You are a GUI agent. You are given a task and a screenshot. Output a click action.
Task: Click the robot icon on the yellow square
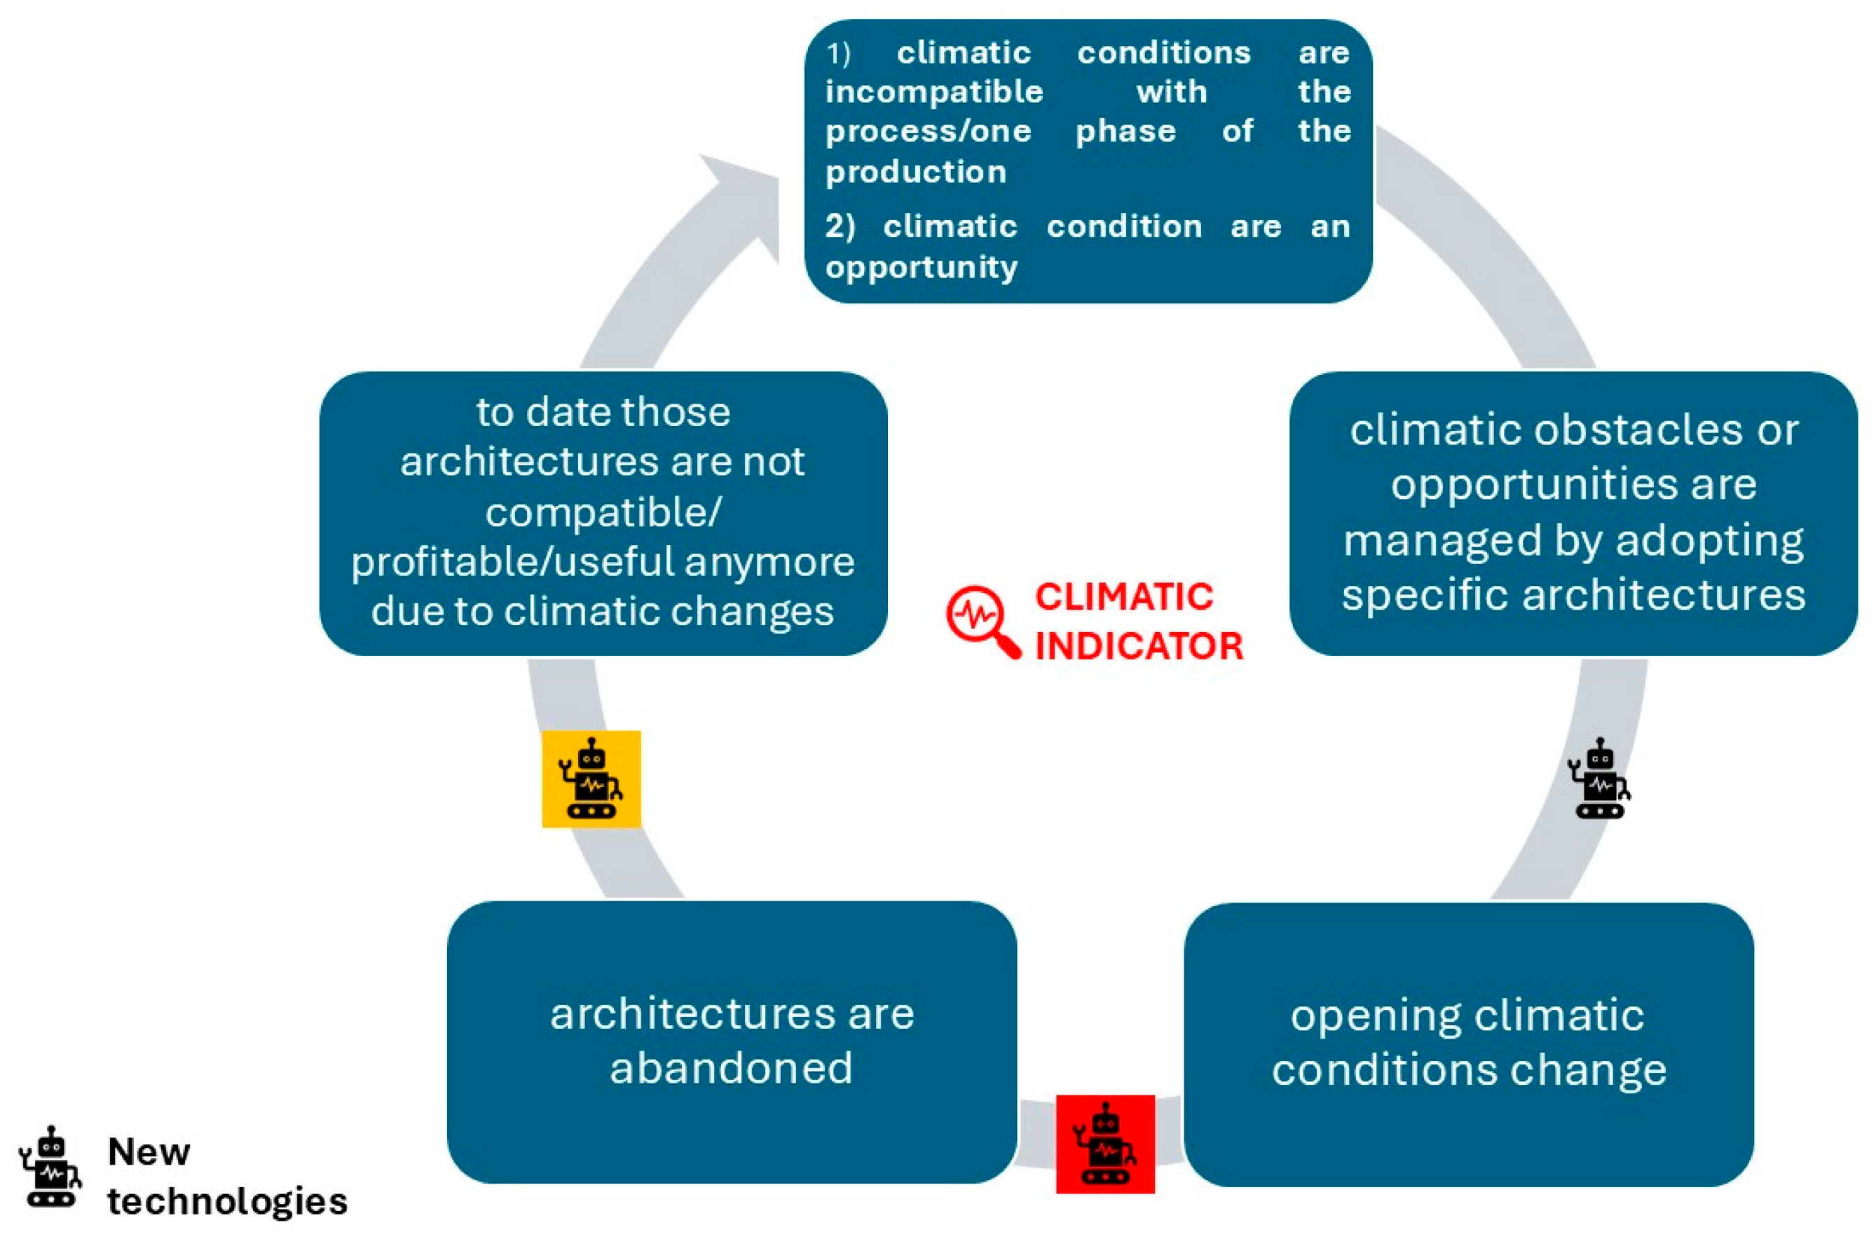591,779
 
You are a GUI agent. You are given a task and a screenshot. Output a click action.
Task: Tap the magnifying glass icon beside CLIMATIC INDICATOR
983,621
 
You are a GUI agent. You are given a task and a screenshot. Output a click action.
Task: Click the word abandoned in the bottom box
731,1068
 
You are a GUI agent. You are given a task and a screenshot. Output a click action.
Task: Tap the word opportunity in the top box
922,267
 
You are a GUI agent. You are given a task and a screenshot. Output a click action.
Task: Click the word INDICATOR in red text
1139,646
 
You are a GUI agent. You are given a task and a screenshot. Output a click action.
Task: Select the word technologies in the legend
228,1201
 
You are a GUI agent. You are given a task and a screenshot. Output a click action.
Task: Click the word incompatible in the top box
934,92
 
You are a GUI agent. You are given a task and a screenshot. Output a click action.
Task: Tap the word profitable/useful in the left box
513,562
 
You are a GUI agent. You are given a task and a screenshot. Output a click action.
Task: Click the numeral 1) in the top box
838,54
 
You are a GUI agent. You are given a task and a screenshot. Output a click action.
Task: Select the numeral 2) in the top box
840,227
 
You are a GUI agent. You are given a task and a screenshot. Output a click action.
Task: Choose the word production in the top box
916,172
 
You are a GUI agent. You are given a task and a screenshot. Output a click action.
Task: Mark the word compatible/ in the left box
603,512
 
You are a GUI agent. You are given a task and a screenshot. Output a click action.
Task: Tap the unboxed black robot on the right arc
1598,779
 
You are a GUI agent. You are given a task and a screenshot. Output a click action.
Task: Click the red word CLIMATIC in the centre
1123,596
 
